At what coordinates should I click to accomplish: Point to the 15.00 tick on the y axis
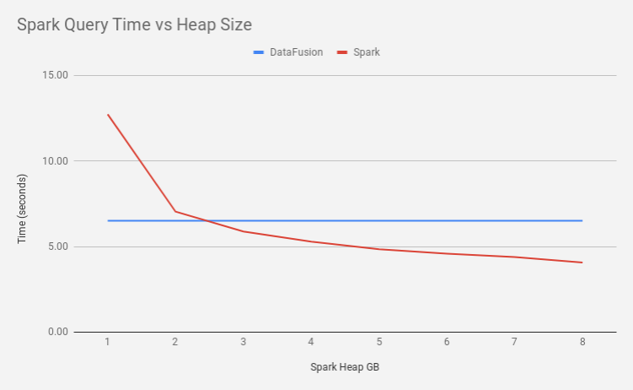tap(56, 75)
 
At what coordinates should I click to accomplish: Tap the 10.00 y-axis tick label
tap(56, 161)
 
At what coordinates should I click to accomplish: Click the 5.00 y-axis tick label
tap(58, 246)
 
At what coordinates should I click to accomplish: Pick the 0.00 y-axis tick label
tap(58, 332)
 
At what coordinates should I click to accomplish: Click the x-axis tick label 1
tap(108, 342)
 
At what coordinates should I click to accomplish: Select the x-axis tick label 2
tap(175, 342)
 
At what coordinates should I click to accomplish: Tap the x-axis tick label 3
tap(244, 342)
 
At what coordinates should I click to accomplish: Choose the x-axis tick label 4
tap(311, 342)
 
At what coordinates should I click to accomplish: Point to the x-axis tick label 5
tap(379, 342)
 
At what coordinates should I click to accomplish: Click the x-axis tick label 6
tap(447, 342)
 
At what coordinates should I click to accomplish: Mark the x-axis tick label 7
tap(514, 342)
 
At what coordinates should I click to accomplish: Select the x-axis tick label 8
tap(582, 342)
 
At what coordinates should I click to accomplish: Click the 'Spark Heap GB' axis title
tap(345, 367)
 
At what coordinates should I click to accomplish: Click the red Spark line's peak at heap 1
tap(108, 114)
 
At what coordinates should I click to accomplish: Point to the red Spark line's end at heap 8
tap(582, 263)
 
